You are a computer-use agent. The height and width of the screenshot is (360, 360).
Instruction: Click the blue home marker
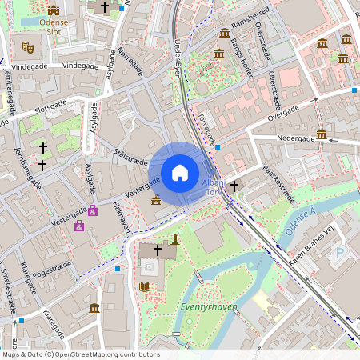(x=180, y=172)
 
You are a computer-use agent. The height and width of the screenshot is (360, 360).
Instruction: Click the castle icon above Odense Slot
(x=54, y=10)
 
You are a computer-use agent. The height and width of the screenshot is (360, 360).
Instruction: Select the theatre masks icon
(x=28, y=47)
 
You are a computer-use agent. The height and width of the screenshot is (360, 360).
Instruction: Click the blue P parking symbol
(x=340, y=254)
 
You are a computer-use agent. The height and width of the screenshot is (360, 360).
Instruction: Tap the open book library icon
(x=145, y=286)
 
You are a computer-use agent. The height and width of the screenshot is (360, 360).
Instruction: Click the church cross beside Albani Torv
(x=234, y=186)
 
